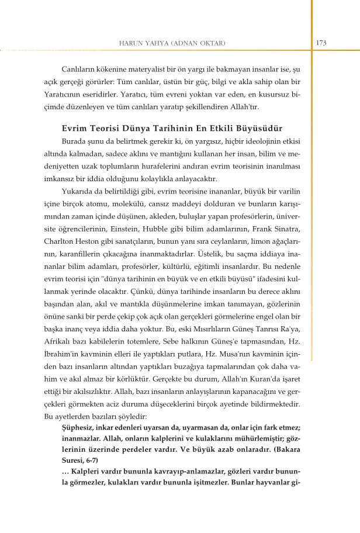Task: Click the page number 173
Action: click(321, 43)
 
